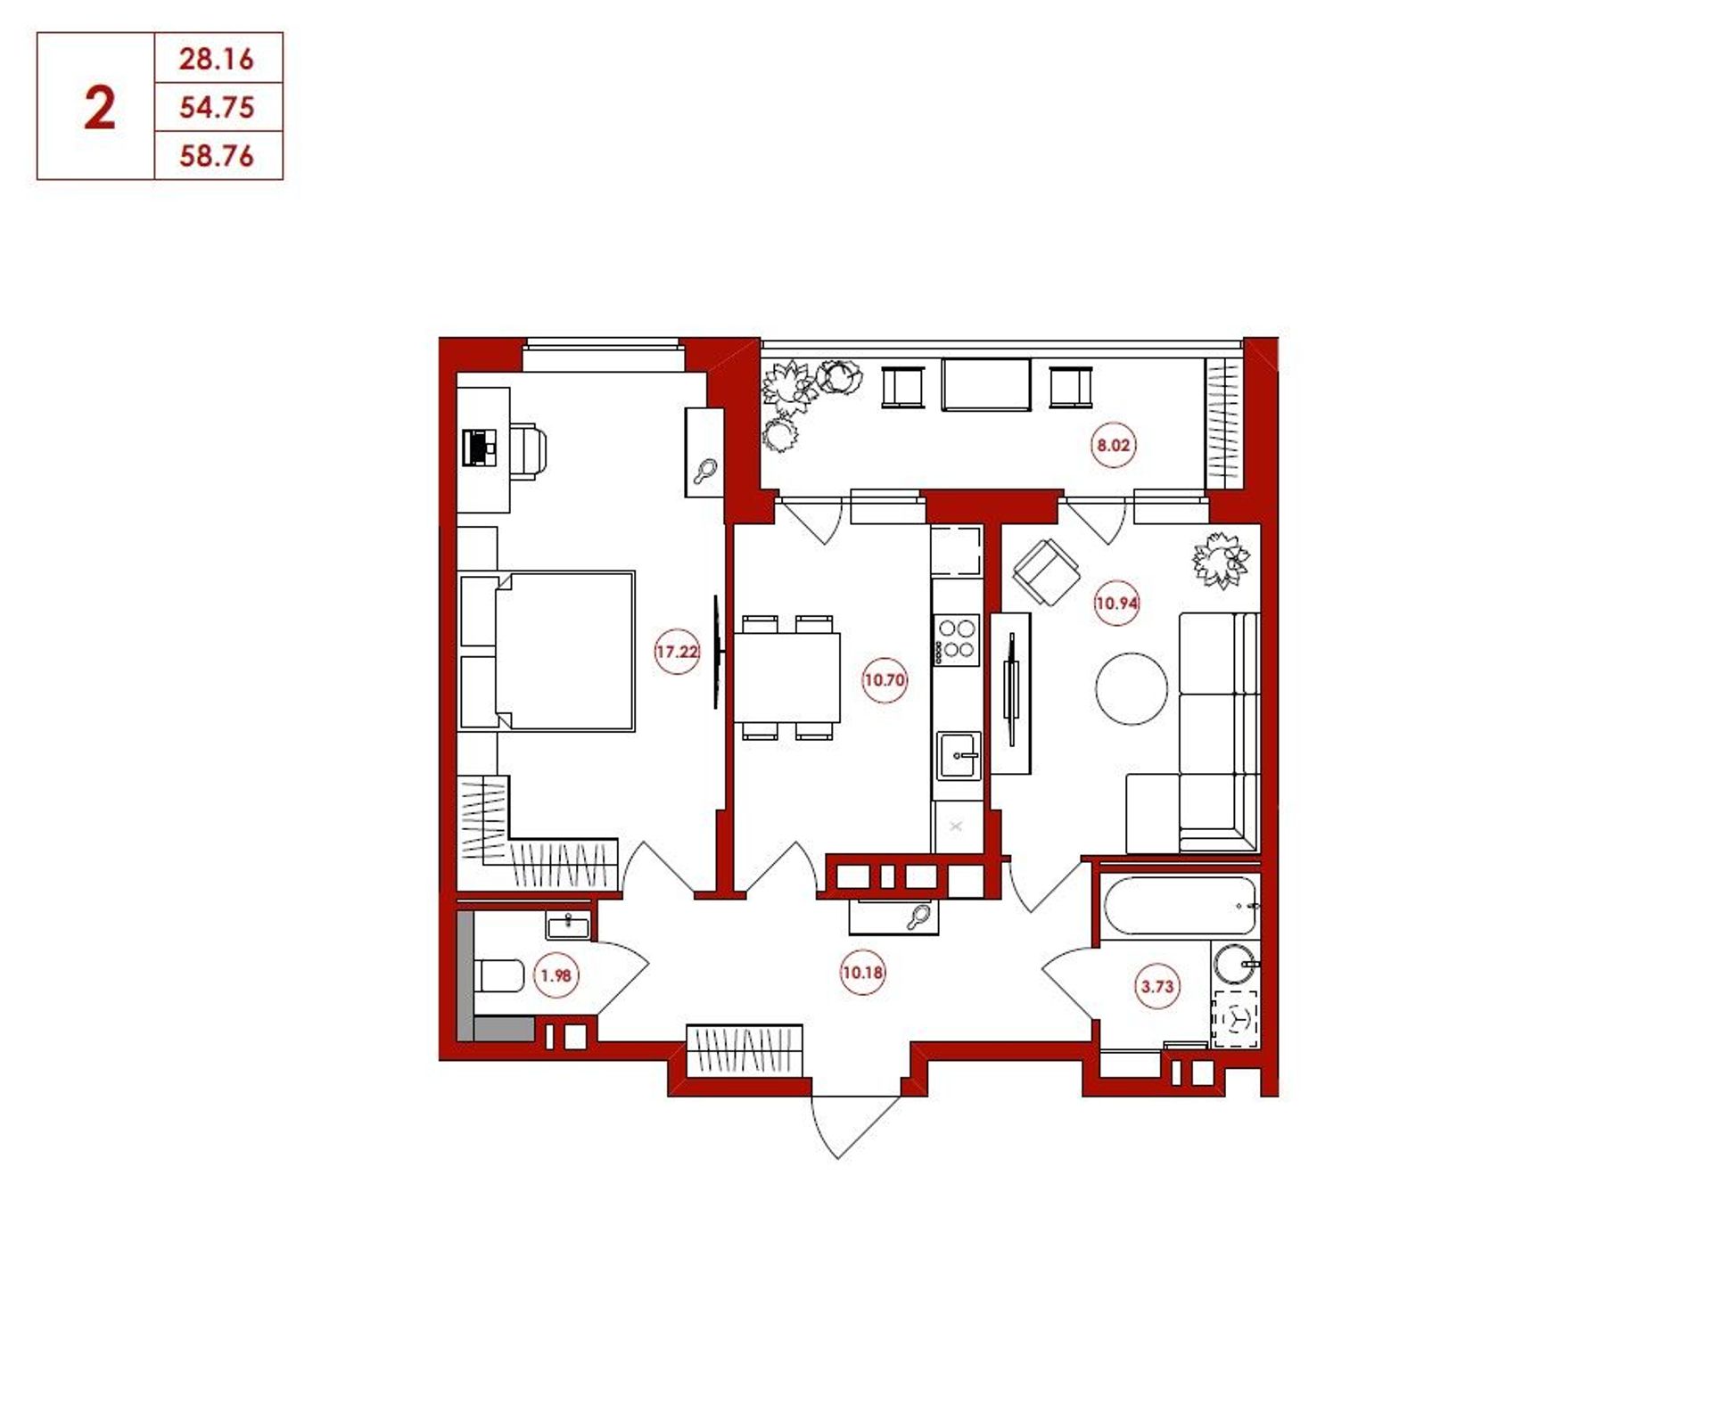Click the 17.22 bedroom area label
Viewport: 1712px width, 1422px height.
coord(677,652)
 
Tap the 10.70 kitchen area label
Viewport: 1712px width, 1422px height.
coord(884,679)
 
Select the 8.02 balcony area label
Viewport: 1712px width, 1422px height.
coord(1113,445)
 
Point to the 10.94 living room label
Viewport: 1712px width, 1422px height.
coord(1116,604)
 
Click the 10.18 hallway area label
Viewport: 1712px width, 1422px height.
coord(862,973)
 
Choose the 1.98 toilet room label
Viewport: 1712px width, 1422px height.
coord(556,975)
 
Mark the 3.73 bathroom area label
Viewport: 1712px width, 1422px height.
coord(1157,987)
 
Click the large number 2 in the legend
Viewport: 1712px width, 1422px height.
coord(100,109)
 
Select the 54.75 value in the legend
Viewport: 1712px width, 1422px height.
coord(217,108)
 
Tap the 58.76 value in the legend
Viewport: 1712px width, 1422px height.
coord(217,156)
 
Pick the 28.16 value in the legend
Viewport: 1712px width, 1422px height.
coord(217,59)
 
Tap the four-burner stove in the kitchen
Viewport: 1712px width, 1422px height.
coord(957,639)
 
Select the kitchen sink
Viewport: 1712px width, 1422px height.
coord(959,756)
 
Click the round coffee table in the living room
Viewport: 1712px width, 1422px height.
coord(1132,689)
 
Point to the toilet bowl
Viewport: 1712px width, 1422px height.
coord(499,976)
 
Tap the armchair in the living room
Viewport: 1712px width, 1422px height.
coord(1046,572)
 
